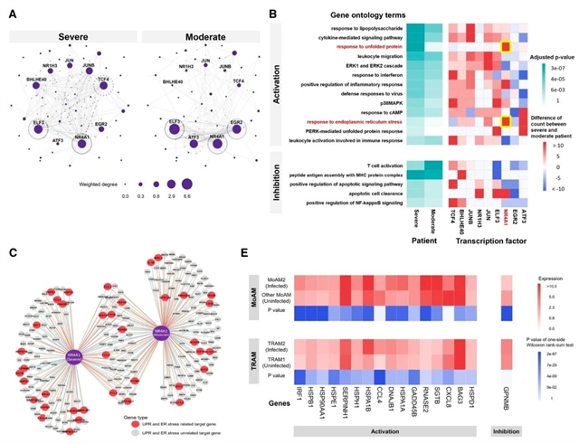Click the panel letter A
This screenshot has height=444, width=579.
[x=10, y=14]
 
